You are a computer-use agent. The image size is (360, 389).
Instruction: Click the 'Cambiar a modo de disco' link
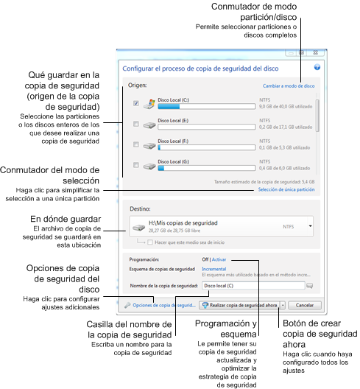click(289, 85)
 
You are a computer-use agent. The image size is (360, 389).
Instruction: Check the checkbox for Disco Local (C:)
click(136, 104)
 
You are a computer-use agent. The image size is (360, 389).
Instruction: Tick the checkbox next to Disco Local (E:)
click(136, 124)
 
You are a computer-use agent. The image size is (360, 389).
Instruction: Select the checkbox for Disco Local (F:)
click(136, 144)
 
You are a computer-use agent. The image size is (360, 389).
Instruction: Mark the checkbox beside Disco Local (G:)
click(136, 164)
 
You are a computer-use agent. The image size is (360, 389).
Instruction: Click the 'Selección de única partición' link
click(286, 190)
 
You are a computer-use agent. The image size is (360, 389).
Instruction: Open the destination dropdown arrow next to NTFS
click(311, 227)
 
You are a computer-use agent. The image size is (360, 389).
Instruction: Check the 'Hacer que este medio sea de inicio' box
click(151, 242)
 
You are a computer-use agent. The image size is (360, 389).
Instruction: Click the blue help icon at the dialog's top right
click(317, 67)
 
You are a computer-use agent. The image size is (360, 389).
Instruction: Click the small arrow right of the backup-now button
click(282, 304)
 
